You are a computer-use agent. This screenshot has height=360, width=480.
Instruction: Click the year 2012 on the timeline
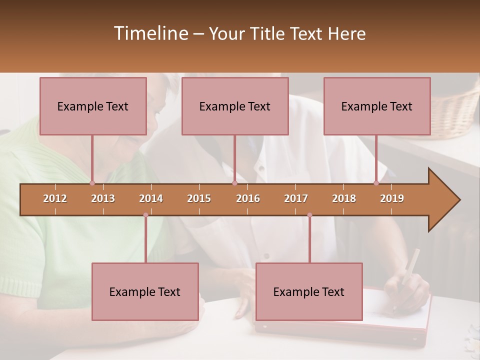55,198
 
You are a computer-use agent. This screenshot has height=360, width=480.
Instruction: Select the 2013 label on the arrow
103,198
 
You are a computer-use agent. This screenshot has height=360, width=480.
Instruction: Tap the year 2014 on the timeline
151,198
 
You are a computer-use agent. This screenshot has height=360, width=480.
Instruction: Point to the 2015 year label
199,198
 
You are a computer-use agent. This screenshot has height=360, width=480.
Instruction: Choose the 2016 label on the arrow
248,198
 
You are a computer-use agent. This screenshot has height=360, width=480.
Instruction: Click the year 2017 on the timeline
296,198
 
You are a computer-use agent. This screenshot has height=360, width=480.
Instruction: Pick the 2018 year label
344,198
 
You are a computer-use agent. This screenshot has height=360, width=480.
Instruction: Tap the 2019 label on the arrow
392,198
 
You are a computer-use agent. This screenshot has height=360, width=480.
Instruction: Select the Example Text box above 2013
93,106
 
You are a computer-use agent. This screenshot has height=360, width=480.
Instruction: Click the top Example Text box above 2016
235,106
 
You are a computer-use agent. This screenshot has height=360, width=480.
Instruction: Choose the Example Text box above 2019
377,106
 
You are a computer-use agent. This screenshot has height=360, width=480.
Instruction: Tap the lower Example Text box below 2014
145,292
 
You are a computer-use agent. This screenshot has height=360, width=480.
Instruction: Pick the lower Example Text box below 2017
309,292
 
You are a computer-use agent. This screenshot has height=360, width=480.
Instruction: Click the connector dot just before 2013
92,183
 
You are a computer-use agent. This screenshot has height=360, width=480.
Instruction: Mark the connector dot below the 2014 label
146,215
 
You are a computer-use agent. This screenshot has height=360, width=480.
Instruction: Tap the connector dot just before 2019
376,183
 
